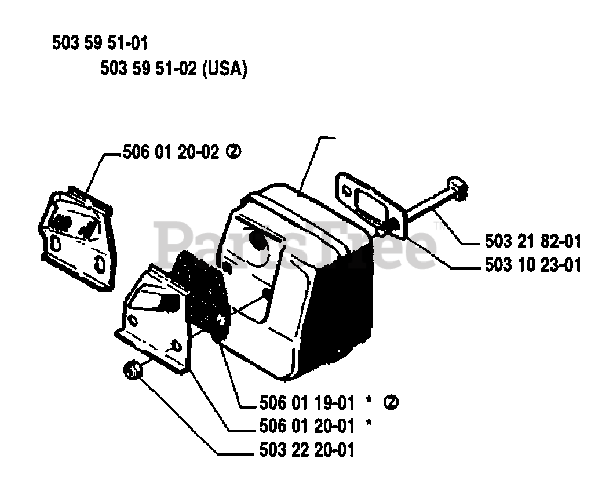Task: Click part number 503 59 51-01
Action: click(x=100, y=43)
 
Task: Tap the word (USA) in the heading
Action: click(x=225, y=70)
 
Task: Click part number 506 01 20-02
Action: click(x=171, y=152)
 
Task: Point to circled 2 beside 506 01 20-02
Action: click(x=233, y=152)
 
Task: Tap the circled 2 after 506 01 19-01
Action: click(x=392, y=401)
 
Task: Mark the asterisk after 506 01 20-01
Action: click(x=367, y=425)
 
